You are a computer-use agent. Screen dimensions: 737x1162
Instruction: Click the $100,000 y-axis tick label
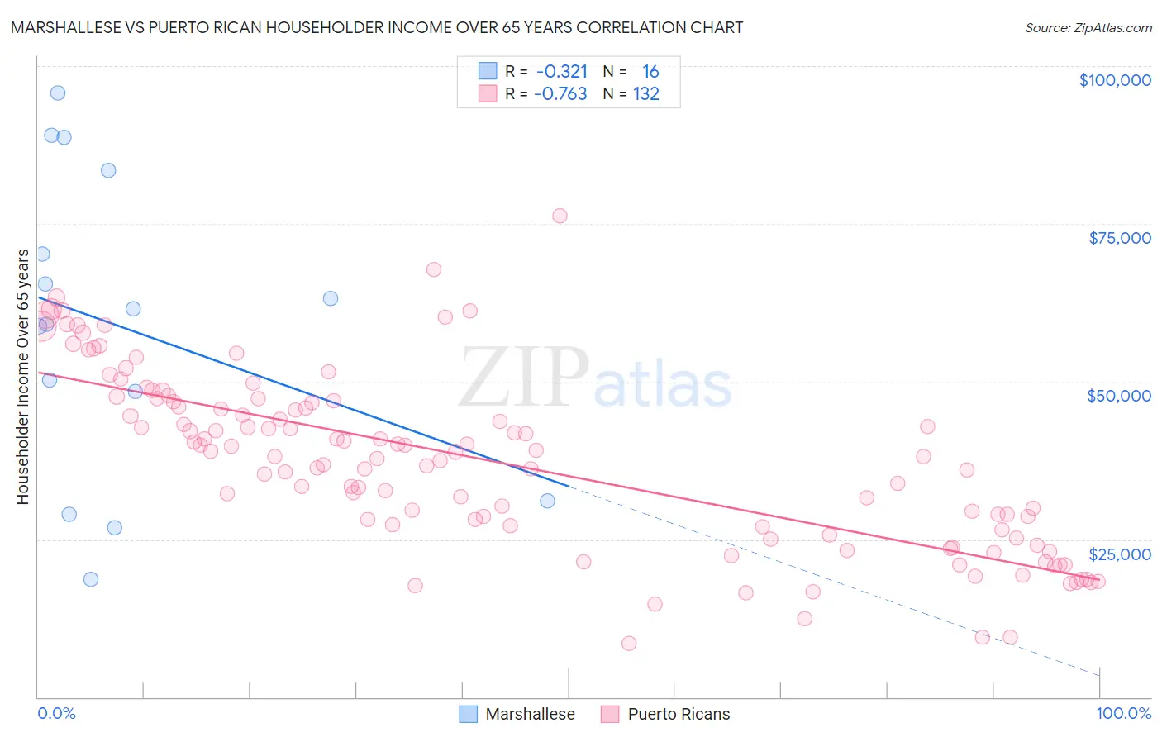tap(1114, 80)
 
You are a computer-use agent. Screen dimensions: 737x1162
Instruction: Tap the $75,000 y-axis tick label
tap(1119, 238)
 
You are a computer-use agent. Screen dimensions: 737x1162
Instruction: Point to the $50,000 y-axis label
tap(1118, 396)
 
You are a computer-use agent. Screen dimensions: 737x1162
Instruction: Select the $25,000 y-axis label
tap(1119, 554)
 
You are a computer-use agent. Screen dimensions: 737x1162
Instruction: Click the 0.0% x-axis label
tap(56, 713)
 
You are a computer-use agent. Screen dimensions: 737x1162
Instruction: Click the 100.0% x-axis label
tap(1123, 713)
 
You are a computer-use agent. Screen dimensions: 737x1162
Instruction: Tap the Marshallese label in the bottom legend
tap(530, 714)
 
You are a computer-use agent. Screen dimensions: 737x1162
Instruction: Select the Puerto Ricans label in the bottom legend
tap(679, 714)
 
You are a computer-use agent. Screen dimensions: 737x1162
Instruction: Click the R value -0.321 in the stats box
tap(562, 72)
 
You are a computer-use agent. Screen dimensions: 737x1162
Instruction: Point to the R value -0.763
tap(560, 94)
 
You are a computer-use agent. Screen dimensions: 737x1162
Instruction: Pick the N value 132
tap(646, 94)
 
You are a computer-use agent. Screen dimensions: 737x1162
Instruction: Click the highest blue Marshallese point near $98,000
tap(58, 93)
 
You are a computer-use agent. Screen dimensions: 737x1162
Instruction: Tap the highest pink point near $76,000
tap(560, 216)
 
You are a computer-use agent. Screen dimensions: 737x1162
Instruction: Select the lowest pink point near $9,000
tap(629, 644)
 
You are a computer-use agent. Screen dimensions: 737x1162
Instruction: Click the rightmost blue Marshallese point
tap(547, 501)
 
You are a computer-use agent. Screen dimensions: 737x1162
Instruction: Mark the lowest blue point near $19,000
tap(91, 579)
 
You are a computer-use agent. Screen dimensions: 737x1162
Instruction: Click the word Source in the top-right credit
tap(1046, 28)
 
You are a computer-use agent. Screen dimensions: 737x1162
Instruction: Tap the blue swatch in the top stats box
tap(488, 72)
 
